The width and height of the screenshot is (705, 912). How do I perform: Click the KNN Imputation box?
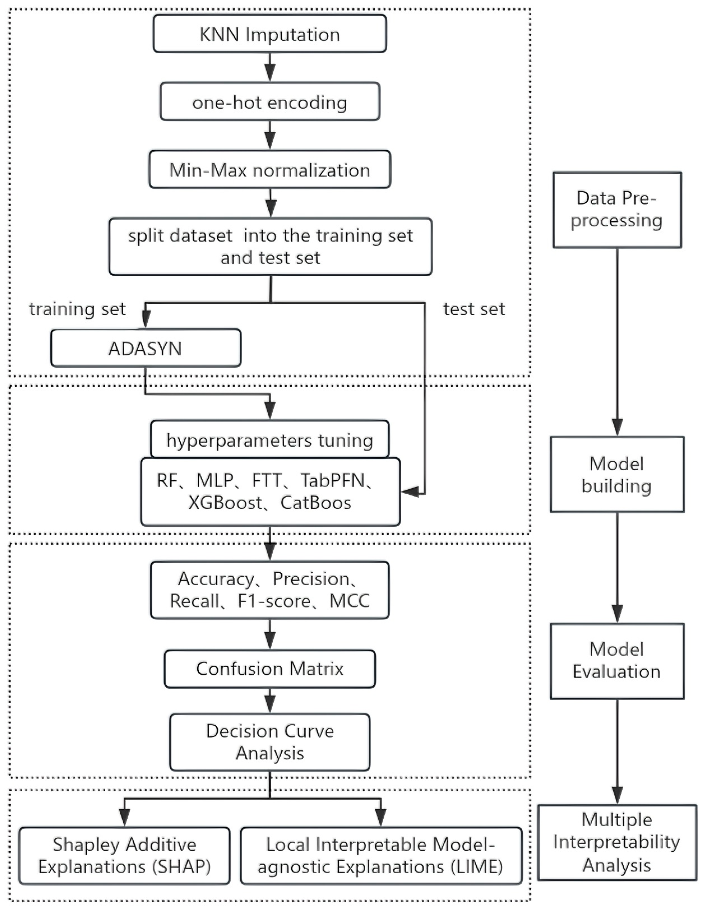[270, 34]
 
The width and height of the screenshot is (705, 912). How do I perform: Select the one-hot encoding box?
[270, 102]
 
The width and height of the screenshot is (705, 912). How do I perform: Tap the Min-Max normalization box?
[270, 169]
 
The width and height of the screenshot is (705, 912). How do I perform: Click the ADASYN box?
[146, 348]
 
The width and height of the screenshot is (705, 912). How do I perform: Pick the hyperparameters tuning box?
[270, 439]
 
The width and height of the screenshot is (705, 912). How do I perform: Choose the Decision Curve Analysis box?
[270, 742]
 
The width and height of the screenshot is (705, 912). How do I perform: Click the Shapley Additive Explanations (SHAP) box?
[125, 856]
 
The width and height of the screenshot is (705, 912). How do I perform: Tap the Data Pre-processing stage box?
[617, 210]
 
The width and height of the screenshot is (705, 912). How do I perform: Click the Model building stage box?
[617, 474]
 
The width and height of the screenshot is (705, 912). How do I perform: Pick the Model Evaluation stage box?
[617, 661]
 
